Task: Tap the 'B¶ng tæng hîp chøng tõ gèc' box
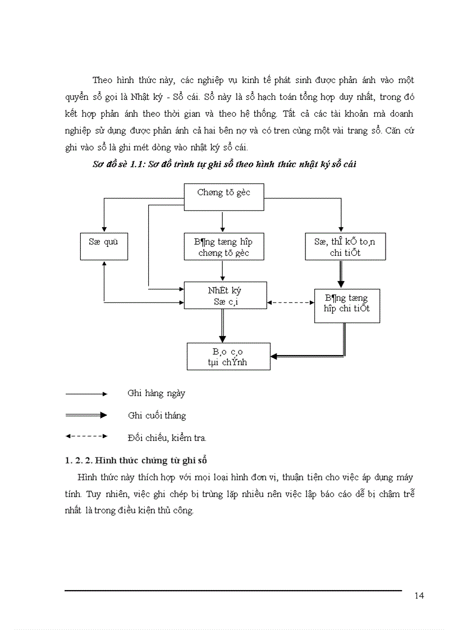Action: pyautogui.click(x=223, y=246)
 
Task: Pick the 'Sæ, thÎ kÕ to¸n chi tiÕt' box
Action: pyautogui.click(x=345, y=246)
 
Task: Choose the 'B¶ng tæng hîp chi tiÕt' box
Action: pyautogui.click(x=347, y=305)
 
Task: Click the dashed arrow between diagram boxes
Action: pyautogui.click(x=290, y=302)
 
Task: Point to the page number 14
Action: pyautogui.click(x=419, y=596)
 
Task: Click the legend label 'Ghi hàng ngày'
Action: pyautogui.click(x=156, y=393)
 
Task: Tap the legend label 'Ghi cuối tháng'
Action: pyautogui.click(x=157, y=416)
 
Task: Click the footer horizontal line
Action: pyautogui.click(x=233, y=590)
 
